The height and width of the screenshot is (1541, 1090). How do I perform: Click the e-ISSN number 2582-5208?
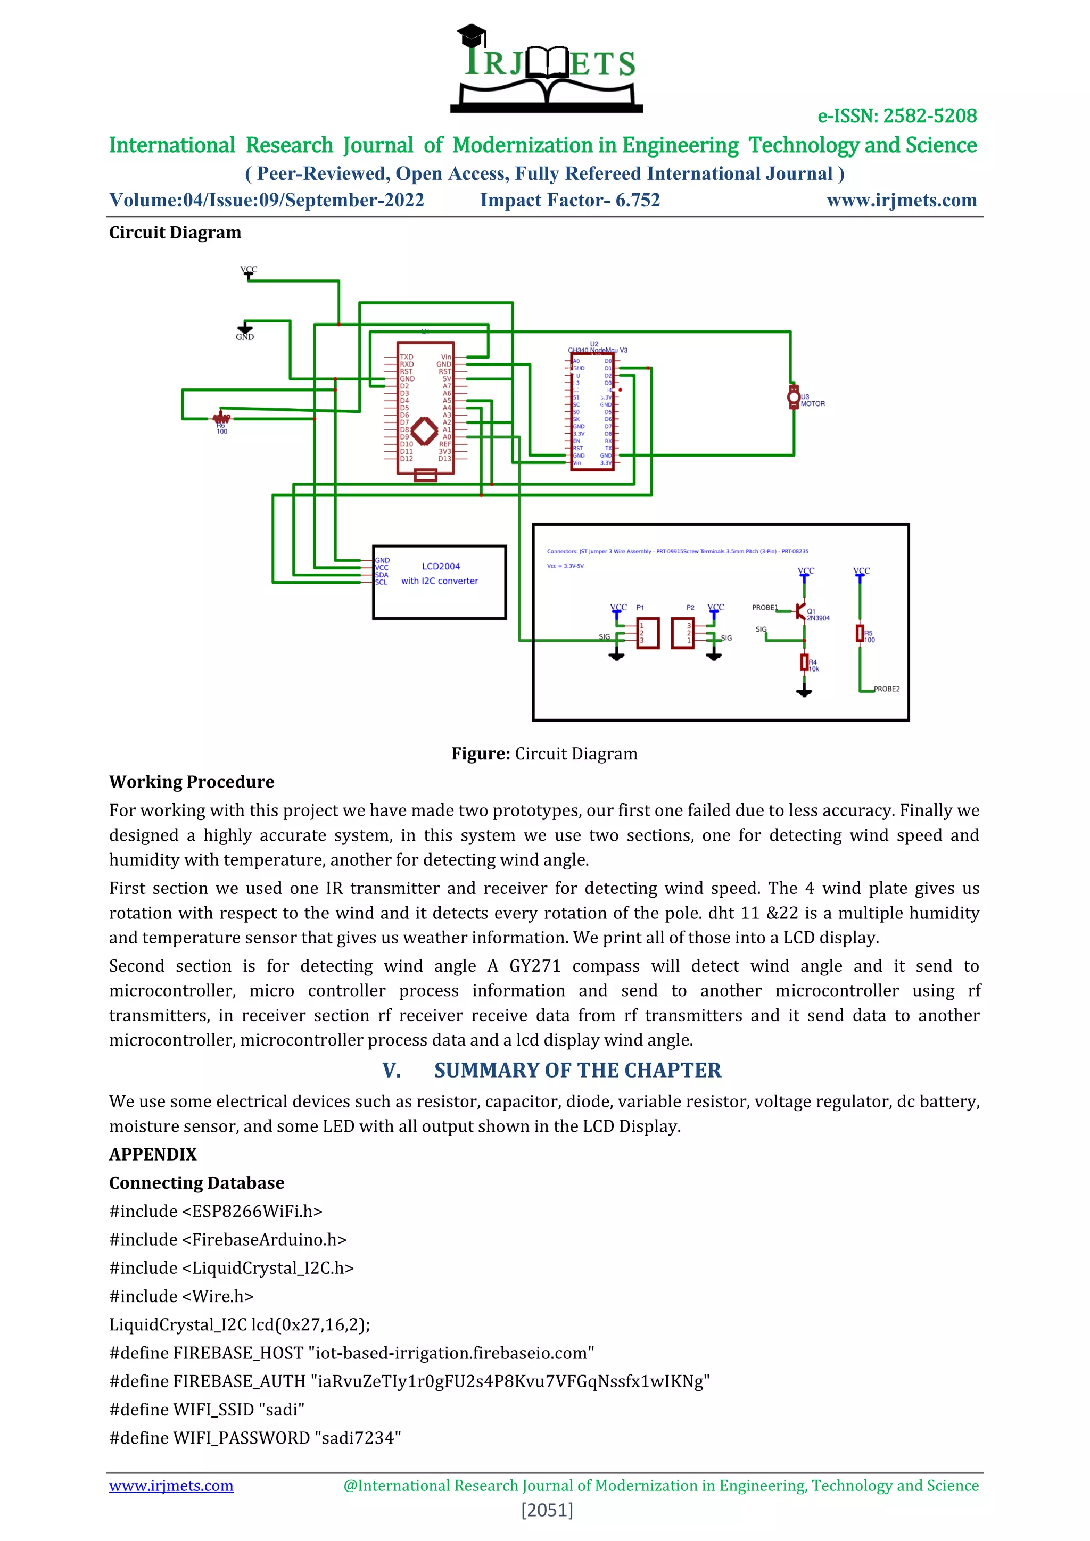click(930, 116)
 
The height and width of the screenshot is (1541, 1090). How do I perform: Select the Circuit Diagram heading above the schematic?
click(175, 233)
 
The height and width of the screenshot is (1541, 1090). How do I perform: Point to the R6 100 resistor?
click(221, 419)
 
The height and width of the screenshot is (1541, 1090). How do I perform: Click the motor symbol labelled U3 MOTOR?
click(794, 396)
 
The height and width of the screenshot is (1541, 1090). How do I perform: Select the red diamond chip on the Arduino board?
click(424, 431)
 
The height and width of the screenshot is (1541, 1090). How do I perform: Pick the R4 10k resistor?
click(804, 662)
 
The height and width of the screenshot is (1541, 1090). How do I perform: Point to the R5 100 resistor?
click(860, 633)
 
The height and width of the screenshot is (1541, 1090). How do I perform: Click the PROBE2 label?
click(886, 689)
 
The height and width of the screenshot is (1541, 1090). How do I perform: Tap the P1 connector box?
click(648, 633)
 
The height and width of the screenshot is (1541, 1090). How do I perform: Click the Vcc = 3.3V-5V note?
click(565, 566)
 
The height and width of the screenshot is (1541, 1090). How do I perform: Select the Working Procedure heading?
click(192, 782)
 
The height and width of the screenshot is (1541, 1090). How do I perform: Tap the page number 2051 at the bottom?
click(547, 1510)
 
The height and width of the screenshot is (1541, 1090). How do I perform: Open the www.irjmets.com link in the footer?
click(171, 1486)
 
